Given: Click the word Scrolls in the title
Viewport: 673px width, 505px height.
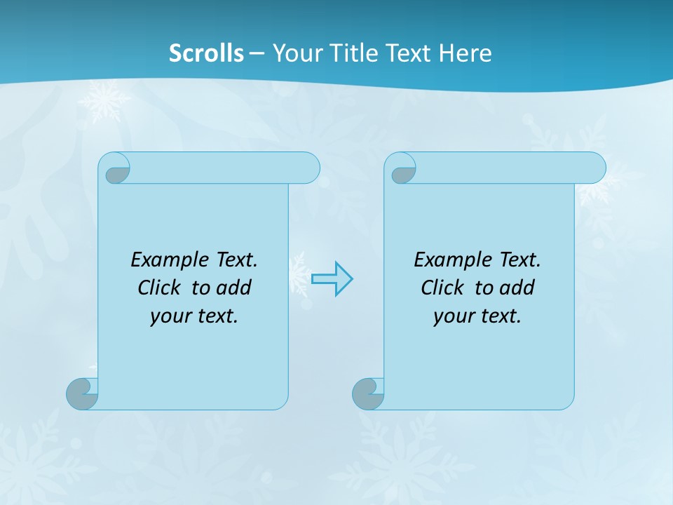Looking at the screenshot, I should click(x=206, y=53).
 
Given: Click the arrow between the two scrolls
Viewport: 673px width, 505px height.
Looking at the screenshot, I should click(x=332, y=278).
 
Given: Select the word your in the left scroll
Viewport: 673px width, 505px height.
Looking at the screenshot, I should click(x=169, y=317).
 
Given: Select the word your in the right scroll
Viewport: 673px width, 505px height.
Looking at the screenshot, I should click(x=452, y=317).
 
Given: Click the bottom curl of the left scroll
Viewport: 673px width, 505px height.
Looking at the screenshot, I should click(x=82, y=393).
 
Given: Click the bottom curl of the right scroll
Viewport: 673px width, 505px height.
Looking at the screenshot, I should click(x=368, y=393).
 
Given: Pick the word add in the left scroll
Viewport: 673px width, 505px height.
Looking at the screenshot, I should click(x=234, y=288).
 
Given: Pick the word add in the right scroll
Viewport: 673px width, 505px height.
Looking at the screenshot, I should click(x=517, y=288).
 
